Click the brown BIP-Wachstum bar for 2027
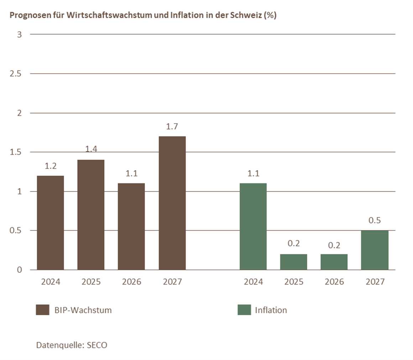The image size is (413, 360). pos(172,203)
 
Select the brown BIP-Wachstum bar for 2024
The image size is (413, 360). pos(51,223)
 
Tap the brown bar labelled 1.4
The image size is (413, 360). pos(91,215)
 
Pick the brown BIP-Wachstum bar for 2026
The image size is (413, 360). pos(131,226)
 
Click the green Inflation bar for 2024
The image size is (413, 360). pos(253,226)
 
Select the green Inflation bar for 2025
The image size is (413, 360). pos(294,262)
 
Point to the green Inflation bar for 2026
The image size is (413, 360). pos(334,262)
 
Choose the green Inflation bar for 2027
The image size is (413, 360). pos(375,250)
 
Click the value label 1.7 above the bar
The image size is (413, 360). pos(172,126)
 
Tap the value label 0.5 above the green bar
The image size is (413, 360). pos(375,220)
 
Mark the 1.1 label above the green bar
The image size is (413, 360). pos(253,173)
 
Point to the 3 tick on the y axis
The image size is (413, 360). pos(20,35)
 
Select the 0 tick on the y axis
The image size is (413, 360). pos(20,270)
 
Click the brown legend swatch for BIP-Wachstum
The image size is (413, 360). pos(42,310)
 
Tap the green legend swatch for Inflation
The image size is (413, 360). pos(244,310)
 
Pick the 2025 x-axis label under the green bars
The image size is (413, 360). pos(294,282)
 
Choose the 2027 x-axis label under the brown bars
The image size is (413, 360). pos(172,282)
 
